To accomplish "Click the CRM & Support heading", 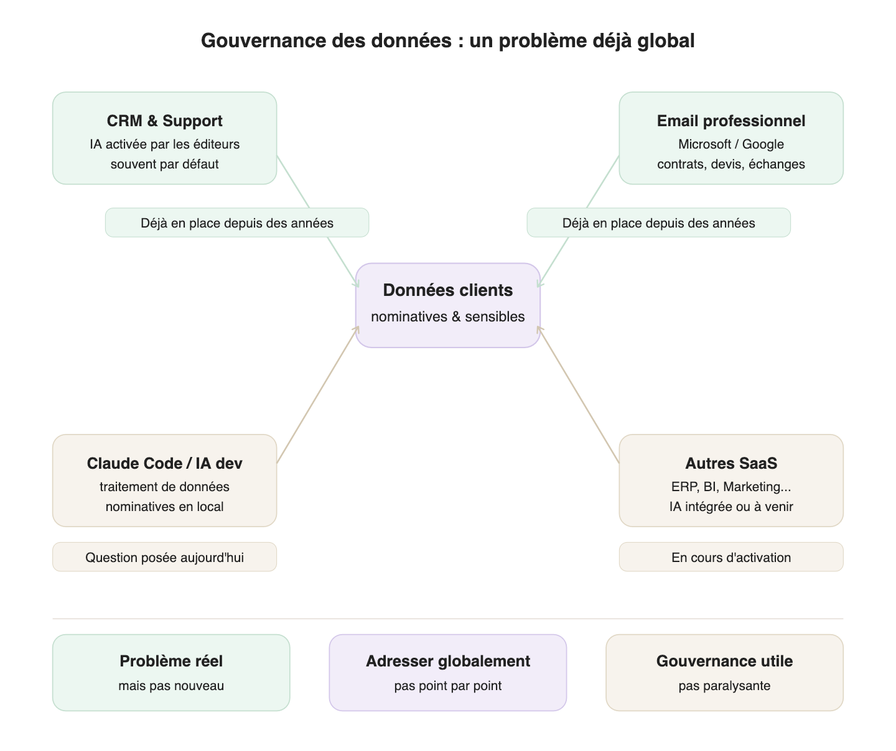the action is tap(164, 121).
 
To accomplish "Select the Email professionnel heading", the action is tap(730, 121).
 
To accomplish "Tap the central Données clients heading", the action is tap(447, 290).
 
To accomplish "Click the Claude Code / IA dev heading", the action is tap(164, 463).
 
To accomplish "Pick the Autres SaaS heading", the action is tap(730, 463).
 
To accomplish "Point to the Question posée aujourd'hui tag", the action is tap(164, 556).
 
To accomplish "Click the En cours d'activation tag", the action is tap(730, 556).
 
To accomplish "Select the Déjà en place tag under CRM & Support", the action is tap(237, 223).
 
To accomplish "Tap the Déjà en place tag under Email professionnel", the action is tap(658, 223).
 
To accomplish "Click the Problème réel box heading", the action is tap(170, 661).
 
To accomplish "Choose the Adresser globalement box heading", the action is tap(447, 661).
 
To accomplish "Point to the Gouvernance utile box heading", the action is tap(724, 661).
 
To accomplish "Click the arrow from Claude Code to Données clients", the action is tap(317, 395).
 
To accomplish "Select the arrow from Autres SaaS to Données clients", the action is tap(578, 395).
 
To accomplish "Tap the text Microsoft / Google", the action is tap(730, 144).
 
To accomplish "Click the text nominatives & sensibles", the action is tap(447, 316).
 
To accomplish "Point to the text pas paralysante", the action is tap(724, 685).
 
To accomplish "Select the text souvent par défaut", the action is tap(164, 164).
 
